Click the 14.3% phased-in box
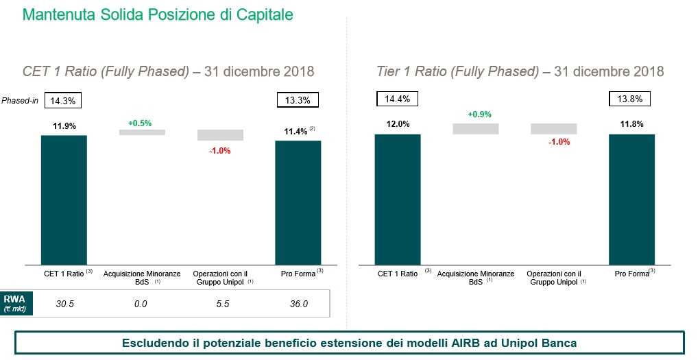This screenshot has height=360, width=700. click(64, 100)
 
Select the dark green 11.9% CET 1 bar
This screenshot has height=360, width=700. click(64, 199)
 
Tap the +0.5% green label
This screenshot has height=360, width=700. click(140, 123)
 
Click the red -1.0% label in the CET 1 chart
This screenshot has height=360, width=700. click(219, 150)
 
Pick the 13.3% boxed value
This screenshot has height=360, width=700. click(298, 100)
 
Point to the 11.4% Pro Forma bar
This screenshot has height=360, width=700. click(298, 202)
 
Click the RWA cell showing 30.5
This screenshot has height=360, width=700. click(65, 304)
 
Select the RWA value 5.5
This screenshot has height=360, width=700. click(222, 304)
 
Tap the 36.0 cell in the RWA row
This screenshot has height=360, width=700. click(298, 304)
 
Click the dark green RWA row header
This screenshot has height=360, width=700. click(13, 304)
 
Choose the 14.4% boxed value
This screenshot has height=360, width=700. click(397, 99)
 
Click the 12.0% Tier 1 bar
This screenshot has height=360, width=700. click(397, 199)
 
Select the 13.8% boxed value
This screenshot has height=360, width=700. click(629, 99)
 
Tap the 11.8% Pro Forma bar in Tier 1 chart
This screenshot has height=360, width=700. click(631, 199)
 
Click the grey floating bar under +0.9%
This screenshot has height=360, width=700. click(475, 128)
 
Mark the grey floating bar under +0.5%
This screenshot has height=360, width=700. click(142, 132)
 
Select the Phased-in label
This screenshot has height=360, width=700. click(20, 100)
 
